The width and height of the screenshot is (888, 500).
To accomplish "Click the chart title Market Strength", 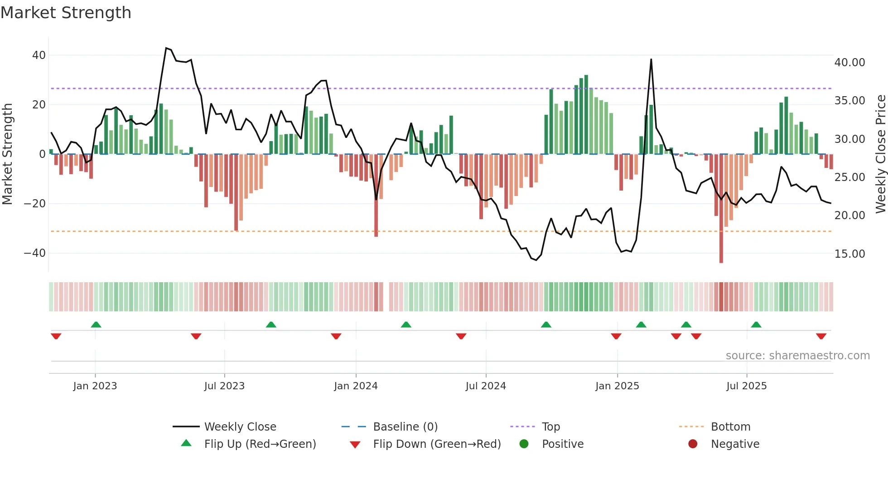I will pyautogui.click(x=66, y=13).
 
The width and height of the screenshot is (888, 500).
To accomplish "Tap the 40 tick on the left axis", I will pyautogui.click(x=39, y=55).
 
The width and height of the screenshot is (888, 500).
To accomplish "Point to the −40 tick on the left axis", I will pyautogui.click(x=35, y=253).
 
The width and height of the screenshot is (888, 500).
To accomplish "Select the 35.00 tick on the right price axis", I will pyautogui.click(x=849, y=101).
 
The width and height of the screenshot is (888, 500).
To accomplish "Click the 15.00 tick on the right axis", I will pyautogui.click(x=849, y=254).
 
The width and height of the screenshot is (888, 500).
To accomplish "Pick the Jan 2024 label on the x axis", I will pyautogui.click(x=356, y=386).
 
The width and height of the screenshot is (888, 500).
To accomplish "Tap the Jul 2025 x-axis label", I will pyautogui.click(x=746, y=386).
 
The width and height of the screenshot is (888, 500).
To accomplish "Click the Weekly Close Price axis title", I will pyautogui.click(x=880, y=154).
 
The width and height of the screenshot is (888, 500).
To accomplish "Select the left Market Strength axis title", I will pyautogui.click(x=8, y=154).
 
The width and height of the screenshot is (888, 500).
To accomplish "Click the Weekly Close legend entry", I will pyautogui.click(x=240, y=427).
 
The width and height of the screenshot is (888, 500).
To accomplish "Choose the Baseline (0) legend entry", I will pyautogui.click(x=405, y=427).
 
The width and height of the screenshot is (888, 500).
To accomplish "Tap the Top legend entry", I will pyautogui.click(x=551, y=427).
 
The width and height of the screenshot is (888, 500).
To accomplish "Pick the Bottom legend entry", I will pyautogui.click(x=730, y=427).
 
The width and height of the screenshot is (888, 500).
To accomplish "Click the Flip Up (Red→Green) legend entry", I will pyautogui.click(x=260, y=444).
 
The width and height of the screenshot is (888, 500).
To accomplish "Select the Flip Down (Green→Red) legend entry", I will pyautogui.click(x=437, y=444).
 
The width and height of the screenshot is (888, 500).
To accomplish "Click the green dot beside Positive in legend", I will pyautogui.click(x=524, y=444).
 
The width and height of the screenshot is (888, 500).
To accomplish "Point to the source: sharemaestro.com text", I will pyautogui.click(x=797, y=356).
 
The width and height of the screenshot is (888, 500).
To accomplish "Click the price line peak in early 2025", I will pyautogui.click(x=651, y=60).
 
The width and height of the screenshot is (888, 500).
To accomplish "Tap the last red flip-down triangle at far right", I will pyautogui.click(x=821, y=336).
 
